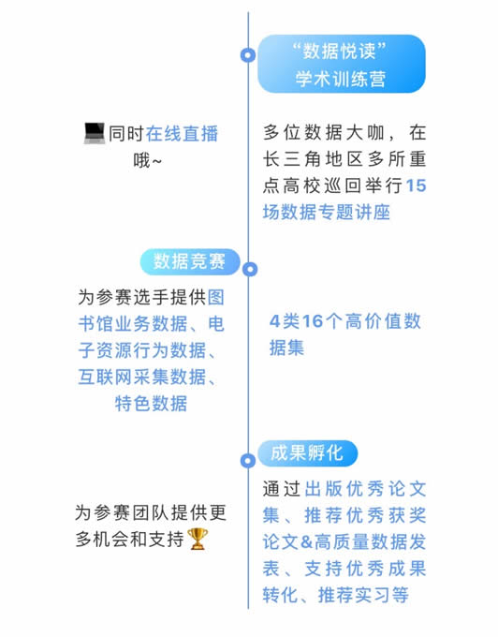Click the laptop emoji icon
[x=95, y=133]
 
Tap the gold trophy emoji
[x=198, y=539]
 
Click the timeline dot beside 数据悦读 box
[x=248, y=55]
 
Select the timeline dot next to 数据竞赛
[x=250, y=269]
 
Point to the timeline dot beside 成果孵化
[x=248, y=460]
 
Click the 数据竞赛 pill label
[x=190, y=261]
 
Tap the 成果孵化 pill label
[x=308, y=453]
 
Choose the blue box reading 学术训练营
[x=342, y=64]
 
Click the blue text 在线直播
[x=182, y=134]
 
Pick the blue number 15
[x=416, y=185]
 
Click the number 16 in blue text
[x=313, y=321]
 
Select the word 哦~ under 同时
[x=147, y=160]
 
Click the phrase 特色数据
[x=151, y=404]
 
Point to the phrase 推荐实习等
[x=363, y=595]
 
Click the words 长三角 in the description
[x=292, y=159]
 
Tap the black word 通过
[x=281, y=489]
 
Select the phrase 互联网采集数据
[x=142, y=377]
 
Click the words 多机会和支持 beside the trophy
[x=130, y=539]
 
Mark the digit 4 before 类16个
[x=275, y=321]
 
